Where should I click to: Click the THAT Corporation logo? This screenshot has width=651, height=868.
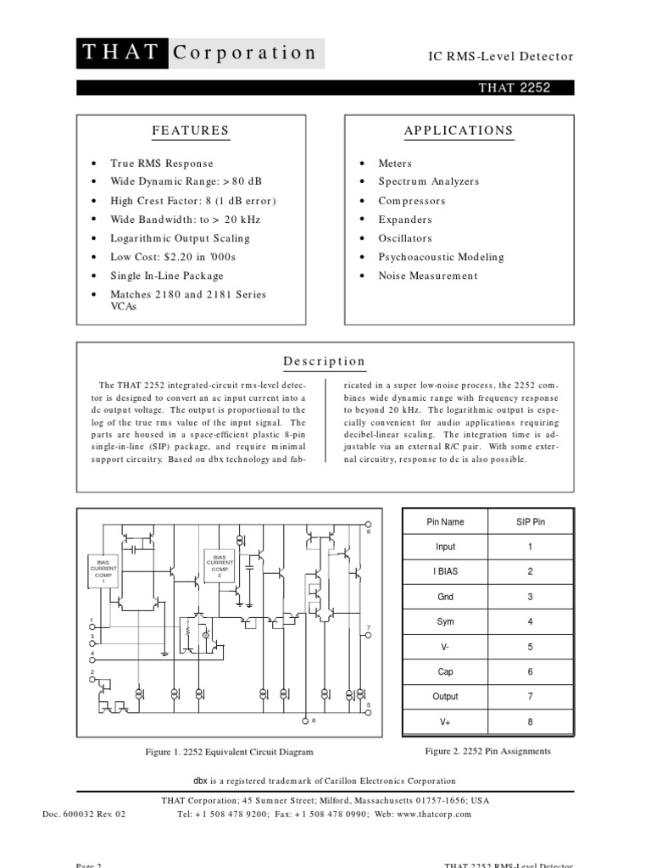pyautogui.click(x=200, y=53)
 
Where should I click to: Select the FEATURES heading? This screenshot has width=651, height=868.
pyautogui.click(x=191, y=131)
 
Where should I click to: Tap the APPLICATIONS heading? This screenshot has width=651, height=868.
pyautogui.click(x=459, y=131)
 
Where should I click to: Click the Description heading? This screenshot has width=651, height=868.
pyautogui.click(x=325, y=361)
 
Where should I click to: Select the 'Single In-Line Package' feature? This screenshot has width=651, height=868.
pyautogui.click(x=167, y=275)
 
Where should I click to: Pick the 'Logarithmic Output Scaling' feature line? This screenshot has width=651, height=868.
pyautogui.click(x=180, y=238)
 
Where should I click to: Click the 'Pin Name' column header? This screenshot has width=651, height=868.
pyautogui.click(x=445, y=522)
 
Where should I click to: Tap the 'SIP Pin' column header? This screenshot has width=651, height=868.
pyautogui.click(x=531, y=522)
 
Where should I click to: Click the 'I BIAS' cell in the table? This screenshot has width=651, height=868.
pyautogui.click(x=445, y=571)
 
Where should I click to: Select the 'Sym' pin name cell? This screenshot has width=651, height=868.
pyautogui.click(x=445, y=621)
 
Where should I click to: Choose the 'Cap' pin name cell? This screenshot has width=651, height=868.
pyautogui.click(x=445, y=671)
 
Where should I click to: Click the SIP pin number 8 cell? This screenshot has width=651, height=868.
pyautogui.click(x=531, y=721)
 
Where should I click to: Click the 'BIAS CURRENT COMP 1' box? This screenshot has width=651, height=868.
pyautogui.click(x=103, y=570)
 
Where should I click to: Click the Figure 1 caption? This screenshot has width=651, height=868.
pyautogui.click(x=230, y=752)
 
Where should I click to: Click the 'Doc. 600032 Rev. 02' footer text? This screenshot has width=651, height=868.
pyautogui.click(x=84, y=814)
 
